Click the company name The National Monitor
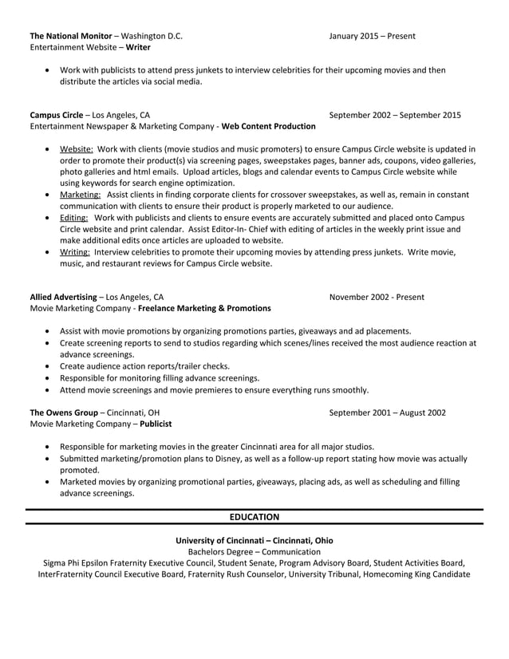pos(70,36)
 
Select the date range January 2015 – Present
pos(372,36)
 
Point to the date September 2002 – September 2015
pos(395,114)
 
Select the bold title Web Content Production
pos(268,126)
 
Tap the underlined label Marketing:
pos(81,194)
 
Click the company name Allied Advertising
pos(63,297)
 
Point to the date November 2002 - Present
pos(377,297)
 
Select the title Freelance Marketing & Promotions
pos(204,309)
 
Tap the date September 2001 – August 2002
pos(387,412)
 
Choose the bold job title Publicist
pos(156,424)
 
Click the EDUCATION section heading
pos(254,517)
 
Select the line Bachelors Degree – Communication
pos(254,551)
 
